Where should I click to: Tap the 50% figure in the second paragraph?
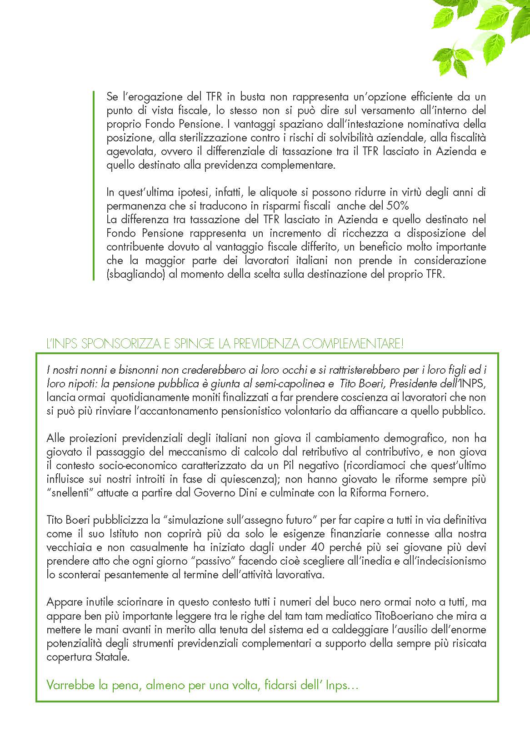click(398, 206)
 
